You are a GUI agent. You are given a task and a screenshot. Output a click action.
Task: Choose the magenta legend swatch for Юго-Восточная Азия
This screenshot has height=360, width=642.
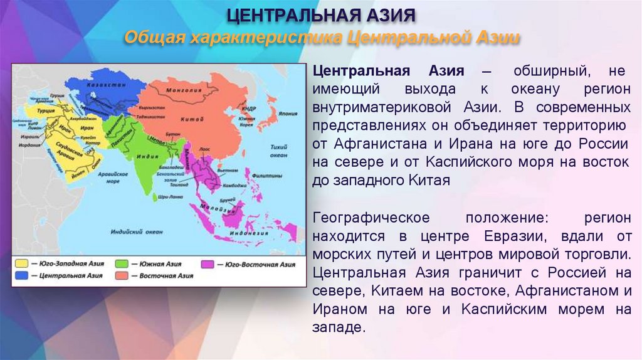[x=208, y=264]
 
